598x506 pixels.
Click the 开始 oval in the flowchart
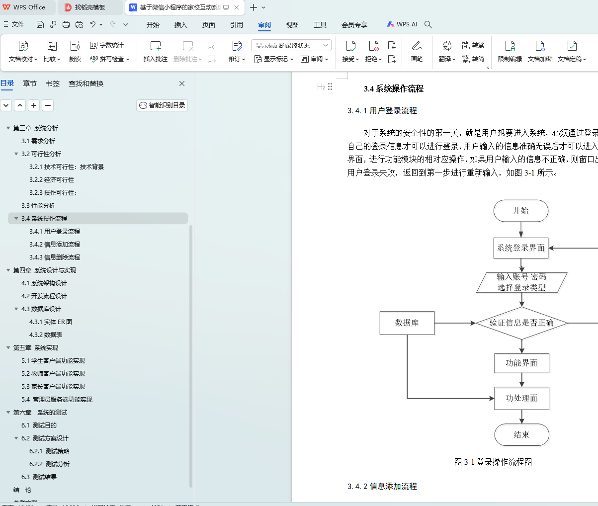521,211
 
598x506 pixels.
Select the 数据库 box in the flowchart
407,323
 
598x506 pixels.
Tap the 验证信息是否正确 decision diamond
521,323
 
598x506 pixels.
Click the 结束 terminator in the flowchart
521,435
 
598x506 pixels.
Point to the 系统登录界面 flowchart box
521,248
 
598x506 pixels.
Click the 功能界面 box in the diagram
521,363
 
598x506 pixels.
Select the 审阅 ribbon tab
264,25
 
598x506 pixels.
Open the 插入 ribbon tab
181,25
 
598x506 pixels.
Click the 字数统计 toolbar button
107,45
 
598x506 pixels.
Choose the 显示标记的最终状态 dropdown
291,45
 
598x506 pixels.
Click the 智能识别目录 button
162,105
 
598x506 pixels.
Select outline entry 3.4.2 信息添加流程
55,245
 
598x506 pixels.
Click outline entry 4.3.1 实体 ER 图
51,322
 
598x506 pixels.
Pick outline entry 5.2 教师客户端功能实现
53,374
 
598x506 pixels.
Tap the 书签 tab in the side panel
53,84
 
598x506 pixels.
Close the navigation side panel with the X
182,84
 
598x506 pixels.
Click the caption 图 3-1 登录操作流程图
493,462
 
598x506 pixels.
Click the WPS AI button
402,24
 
